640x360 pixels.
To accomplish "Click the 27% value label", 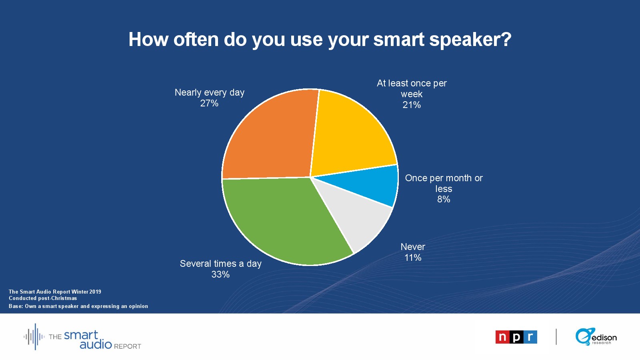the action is pyautogui.click(x=209, y=103).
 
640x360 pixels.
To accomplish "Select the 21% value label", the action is pyautogui.click(x=412, y=105).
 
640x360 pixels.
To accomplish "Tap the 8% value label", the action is pyautogui.click(x=444, y=199).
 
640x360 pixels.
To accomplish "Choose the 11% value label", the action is pyautogui.click(x=413, y=258).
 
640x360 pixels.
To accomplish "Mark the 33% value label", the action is pyautogui.click(x=220, y=274).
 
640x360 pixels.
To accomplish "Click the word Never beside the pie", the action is pyautogui.click(x=413, y=246).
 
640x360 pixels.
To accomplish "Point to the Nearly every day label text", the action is pyautogui.click(x=210, y=92).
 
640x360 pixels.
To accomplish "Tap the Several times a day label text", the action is pyautogui.click(x=220, y=264).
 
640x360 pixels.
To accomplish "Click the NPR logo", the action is pyautogui.click(x=516, y=337).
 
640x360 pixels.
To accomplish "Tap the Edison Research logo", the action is pyautogui.click(x=596, y=337).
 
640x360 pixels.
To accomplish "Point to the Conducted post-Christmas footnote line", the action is pyautogui.click(x=43, y=298).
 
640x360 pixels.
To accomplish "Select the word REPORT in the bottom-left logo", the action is pyautogui.click(x=128, y=346).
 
